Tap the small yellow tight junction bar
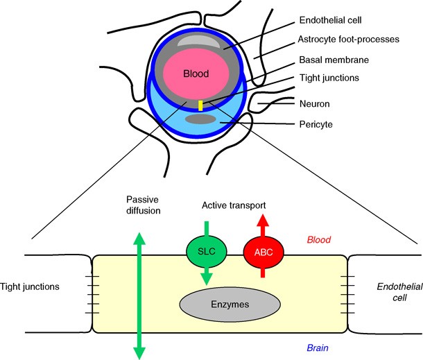click(x=200, y=105)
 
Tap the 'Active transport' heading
click(x=233, y=206)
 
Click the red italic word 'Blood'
click(x=321, y=239)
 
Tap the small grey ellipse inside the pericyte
click(x=200, y=119)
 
